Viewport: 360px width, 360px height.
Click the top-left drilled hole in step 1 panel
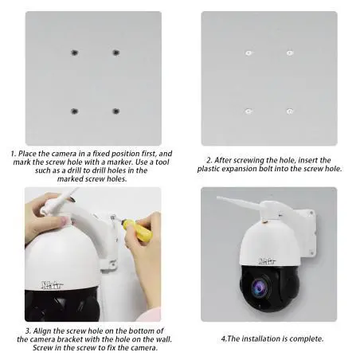coord(74,53)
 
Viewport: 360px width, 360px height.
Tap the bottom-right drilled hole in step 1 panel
coord(115,111)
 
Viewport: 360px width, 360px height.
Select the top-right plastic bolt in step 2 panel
coord(289,53)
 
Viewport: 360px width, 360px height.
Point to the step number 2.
coord(207,159)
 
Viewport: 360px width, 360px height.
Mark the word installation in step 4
coord(261,338)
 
